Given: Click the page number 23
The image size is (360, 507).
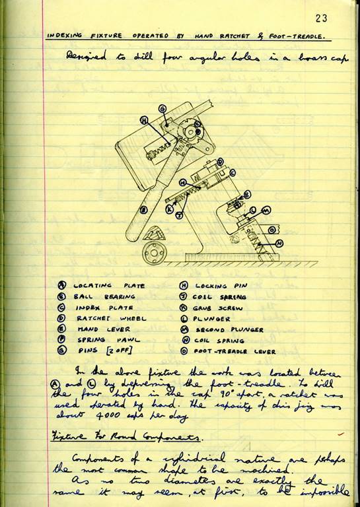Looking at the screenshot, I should [x=322, y=18].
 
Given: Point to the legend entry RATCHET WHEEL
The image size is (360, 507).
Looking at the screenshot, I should [x=102, y=318].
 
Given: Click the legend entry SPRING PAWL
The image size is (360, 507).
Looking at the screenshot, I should [x=98, y=340].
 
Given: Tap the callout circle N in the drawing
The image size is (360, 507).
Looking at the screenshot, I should [x=279, y=243].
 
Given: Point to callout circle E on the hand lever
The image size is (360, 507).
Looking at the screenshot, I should [x=140, y=210].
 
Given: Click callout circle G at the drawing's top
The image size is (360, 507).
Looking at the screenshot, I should [x=162, y=108].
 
